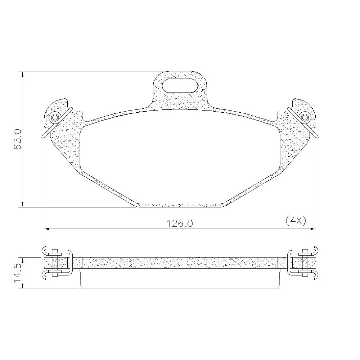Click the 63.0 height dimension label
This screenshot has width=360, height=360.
point(17,139)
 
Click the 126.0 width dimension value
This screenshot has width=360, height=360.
point(180,224)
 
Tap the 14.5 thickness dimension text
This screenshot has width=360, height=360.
point(17,273)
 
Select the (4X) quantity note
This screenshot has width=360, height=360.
point(296,221)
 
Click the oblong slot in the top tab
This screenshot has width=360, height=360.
point(180,86)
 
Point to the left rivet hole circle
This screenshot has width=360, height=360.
point(55,117)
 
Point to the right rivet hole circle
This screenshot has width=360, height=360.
point(305,117)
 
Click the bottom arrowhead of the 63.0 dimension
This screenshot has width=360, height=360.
point(22,204)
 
